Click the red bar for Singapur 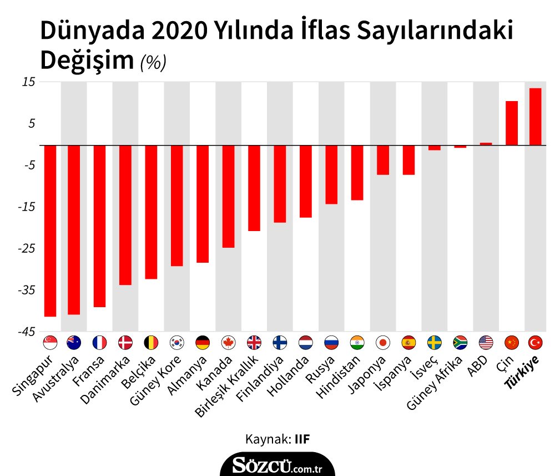coord(50,231)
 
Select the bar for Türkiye coord(535,117)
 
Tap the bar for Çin coord(511,123)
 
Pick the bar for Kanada coord(228,196)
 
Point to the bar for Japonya coord(383,160)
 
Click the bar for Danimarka coord(125,215)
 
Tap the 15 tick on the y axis coord(28,82)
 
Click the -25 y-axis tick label coord(26,248)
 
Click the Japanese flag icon coord(383,342)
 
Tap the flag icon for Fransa coord(99,342)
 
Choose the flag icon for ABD coord(486,342)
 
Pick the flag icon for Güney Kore coord(176,342)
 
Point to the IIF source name coord(301,439)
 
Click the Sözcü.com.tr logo coord(277,464)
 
